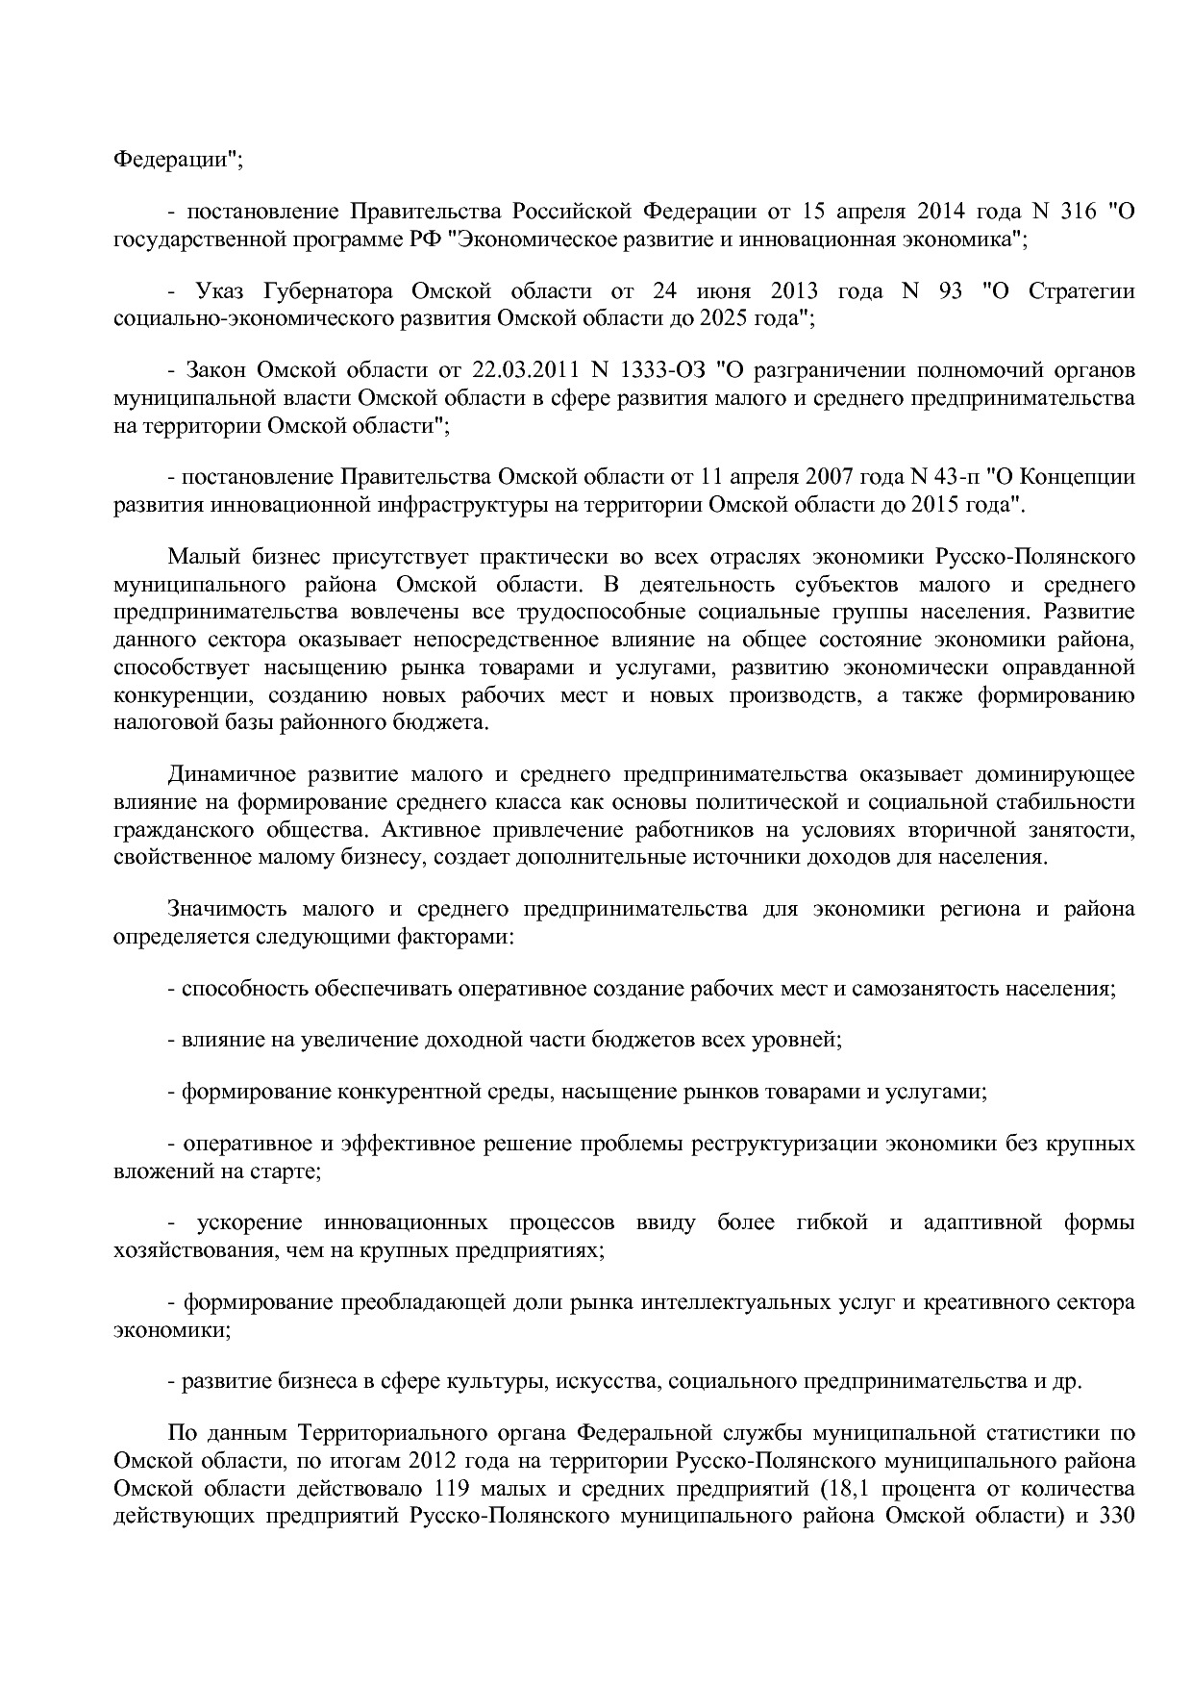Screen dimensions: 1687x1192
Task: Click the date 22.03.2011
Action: point(521,370)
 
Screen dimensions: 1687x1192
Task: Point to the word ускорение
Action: point(250,1223)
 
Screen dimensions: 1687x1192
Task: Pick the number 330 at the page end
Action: point(1118,1517)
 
